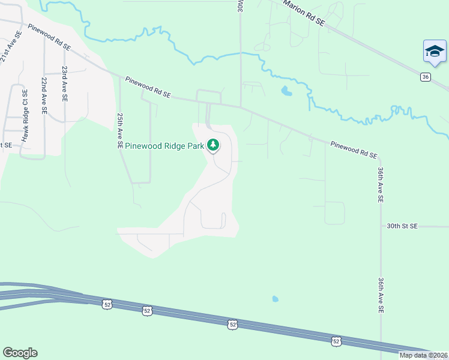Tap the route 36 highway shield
[425, 77]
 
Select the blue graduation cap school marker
[434, 52]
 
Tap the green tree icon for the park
[212, 145]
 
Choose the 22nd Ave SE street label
[44, 95]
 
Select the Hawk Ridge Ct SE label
[25, 116]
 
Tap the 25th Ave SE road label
[120, 130]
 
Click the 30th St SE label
[402, 226]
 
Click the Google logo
[20, 353]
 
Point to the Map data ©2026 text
[423, 355]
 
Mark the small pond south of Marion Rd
[286, 91]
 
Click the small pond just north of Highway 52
[275, 298]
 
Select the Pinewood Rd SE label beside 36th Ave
[353, 150]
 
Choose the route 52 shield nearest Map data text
[336, 341]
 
